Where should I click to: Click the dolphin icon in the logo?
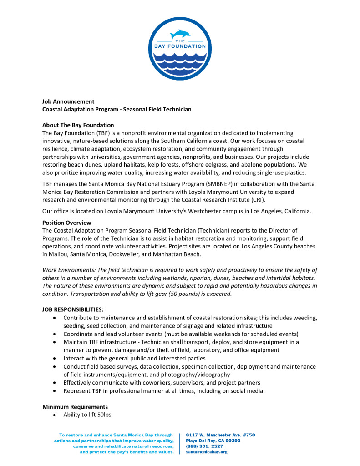180,34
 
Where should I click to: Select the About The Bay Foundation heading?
78,125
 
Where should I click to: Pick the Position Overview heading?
66,223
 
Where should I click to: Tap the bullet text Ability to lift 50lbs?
87,415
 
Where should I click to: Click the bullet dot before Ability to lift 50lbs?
55,415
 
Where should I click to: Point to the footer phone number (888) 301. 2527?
211,446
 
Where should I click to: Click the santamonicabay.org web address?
207,452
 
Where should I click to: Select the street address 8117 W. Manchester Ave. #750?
220,435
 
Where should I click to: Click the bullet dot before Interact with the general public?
55,359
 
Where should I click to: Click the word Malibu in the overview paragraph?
58,253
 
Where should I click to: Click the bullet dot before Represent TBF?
55,391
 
